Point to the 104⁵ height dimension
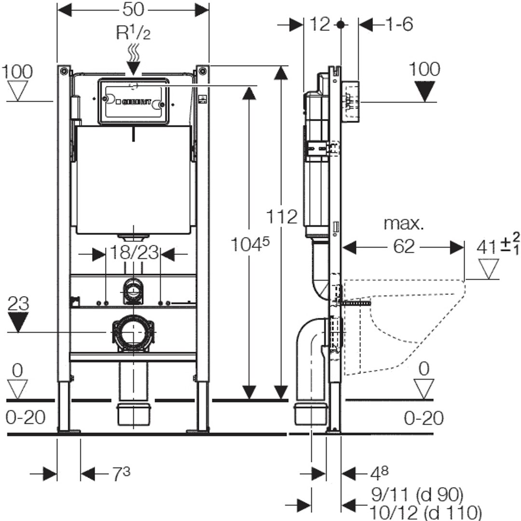(x=249, y=246)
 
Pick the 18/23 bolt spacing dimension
(x=133, y=252)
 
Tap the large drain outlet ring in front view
(x=133, y=332)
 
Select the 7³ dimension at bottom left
(x=121, y=475)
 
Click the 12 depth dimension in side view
(x=320, y=24)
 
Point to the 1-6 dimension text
(x=399, y=24)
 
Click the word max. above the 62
(x=403, y=223)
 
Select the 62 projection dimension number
(x=403, y=247)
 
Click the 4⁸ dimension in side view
(x=379, y=473)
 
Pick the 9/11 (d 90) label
(x=417, y=494)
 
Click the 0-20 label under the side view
(x=424, y=418)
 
